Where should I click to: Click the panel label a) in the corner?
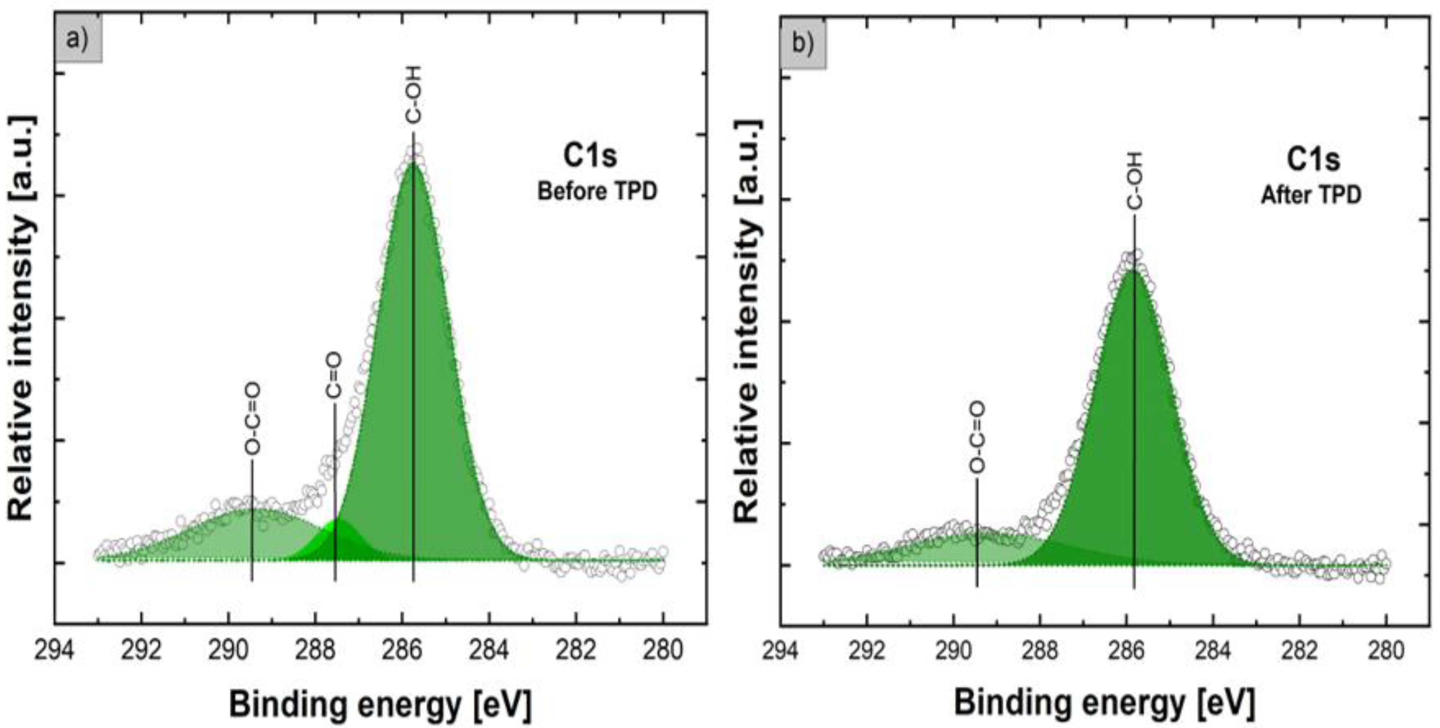(78, 41)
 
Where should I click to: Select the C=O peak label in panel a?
(333, 376)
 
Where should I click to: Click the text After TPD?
(1311, 195)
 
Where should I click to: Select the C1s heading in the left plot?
(590, 156)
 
